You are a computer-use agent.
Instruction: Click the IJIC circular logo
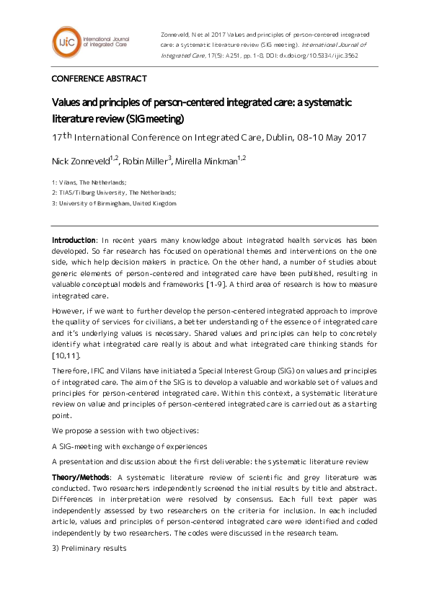pos(66,43)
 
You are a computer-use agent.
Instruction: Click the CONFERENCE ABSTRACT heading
pos(99,79)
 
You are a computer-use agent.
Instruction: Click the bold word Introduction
pos(74,240)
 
